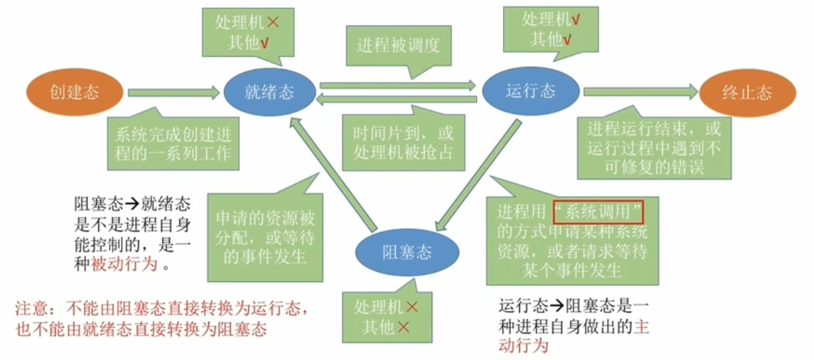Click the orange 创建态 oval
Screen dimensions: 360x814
(74, 92)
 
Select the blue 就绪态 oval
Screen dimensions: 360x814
(269, 92)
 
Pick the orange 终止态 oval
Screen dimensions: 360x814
(747, 92)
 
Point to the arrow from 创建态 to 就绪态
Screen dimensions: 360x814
(174, 92)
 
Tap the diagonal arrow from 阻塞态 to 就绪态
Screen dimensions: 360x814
(333, 172)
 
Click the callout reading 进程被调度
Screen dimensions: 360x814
(398, 45)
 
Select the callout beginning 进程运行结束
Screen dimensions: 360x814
(654, 147)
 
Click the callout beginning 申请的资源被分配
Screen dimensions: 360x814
(265, 229)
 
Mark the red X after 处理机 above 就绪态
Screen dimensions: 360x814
(273, 22)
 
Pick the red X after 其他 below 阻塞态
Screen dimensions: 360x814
(403, 327)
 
